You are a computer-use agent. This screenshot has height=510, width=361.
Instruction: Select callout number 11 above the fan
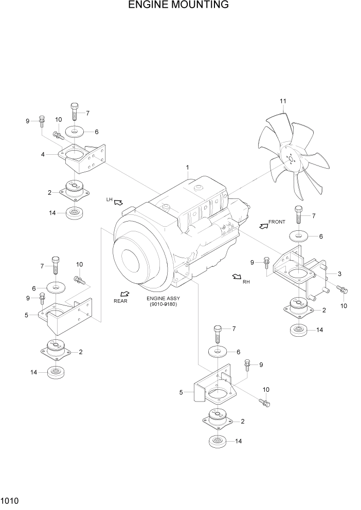coord(283,101)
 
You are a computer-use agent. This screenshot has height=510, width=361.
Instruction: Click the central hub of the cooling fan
coord(291,160)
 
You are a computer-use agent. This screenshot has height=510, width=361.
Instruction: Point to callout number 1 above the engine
coord(188,168)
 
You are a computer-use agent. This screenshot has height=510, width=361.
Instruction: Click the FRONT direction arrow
coord(264,225)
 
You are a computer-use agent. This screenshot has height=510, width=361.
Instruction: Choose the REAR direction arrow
coord(124,293)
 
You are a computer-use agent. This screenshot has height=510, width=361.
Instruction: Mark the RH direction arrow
coord(237,277)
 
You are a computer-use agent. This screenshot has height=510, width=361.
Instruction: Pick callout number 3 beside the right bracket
coord(340,273)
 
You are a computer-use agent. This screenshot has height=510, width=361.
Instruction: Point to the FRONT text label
coord(277,222)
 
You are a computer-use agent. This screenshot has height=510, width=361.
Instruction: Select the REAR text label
coord(120,301)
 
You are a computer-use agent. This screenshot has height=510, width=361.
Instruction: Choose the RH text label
coord(246,282)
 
